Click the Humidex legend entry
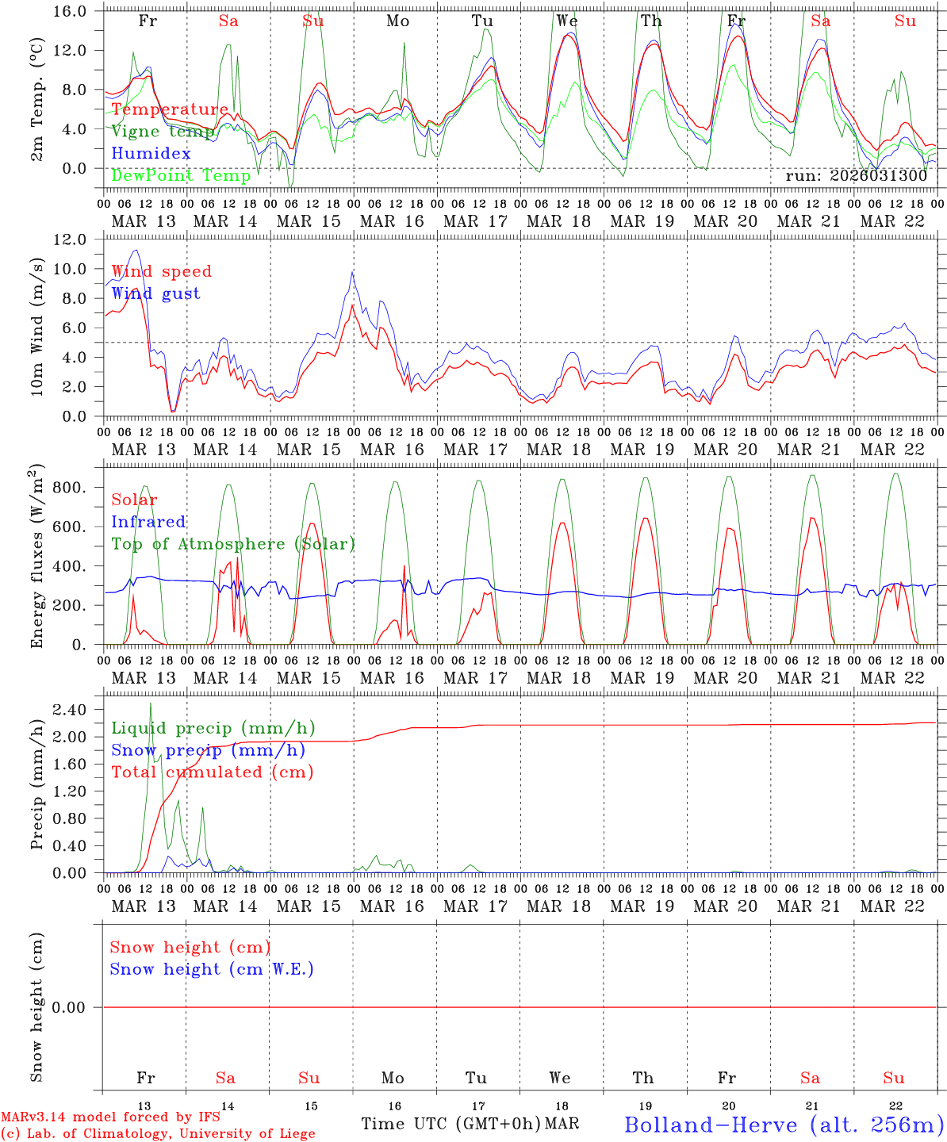tap(151, 153)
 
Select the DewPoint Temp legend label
tap(181, 175)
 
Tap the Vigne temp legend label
tap(162, 131)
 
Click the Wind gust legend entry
tap(155, 293)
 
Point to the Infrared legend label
tap(148, 522)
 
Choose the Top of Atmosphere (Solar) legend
tap(232, 544)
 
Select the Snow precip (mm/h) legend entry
tap(208, 750)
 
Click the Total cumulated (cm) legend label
tap(212, 772)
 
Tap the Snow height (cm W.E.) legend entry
tap(212, 969)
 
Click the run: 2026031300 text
tap(856, 176)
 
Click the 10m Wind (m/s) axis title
tap(36, 327)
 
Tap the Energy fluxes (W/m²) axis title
tap(36, 555)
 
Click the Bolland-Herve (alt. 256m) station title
tap(784, 1124)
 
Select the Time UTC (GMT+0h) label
tap(450, 1124)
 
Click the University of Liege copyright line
tap(158, 1134)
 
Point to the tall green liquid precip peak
tap(151, 704)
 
